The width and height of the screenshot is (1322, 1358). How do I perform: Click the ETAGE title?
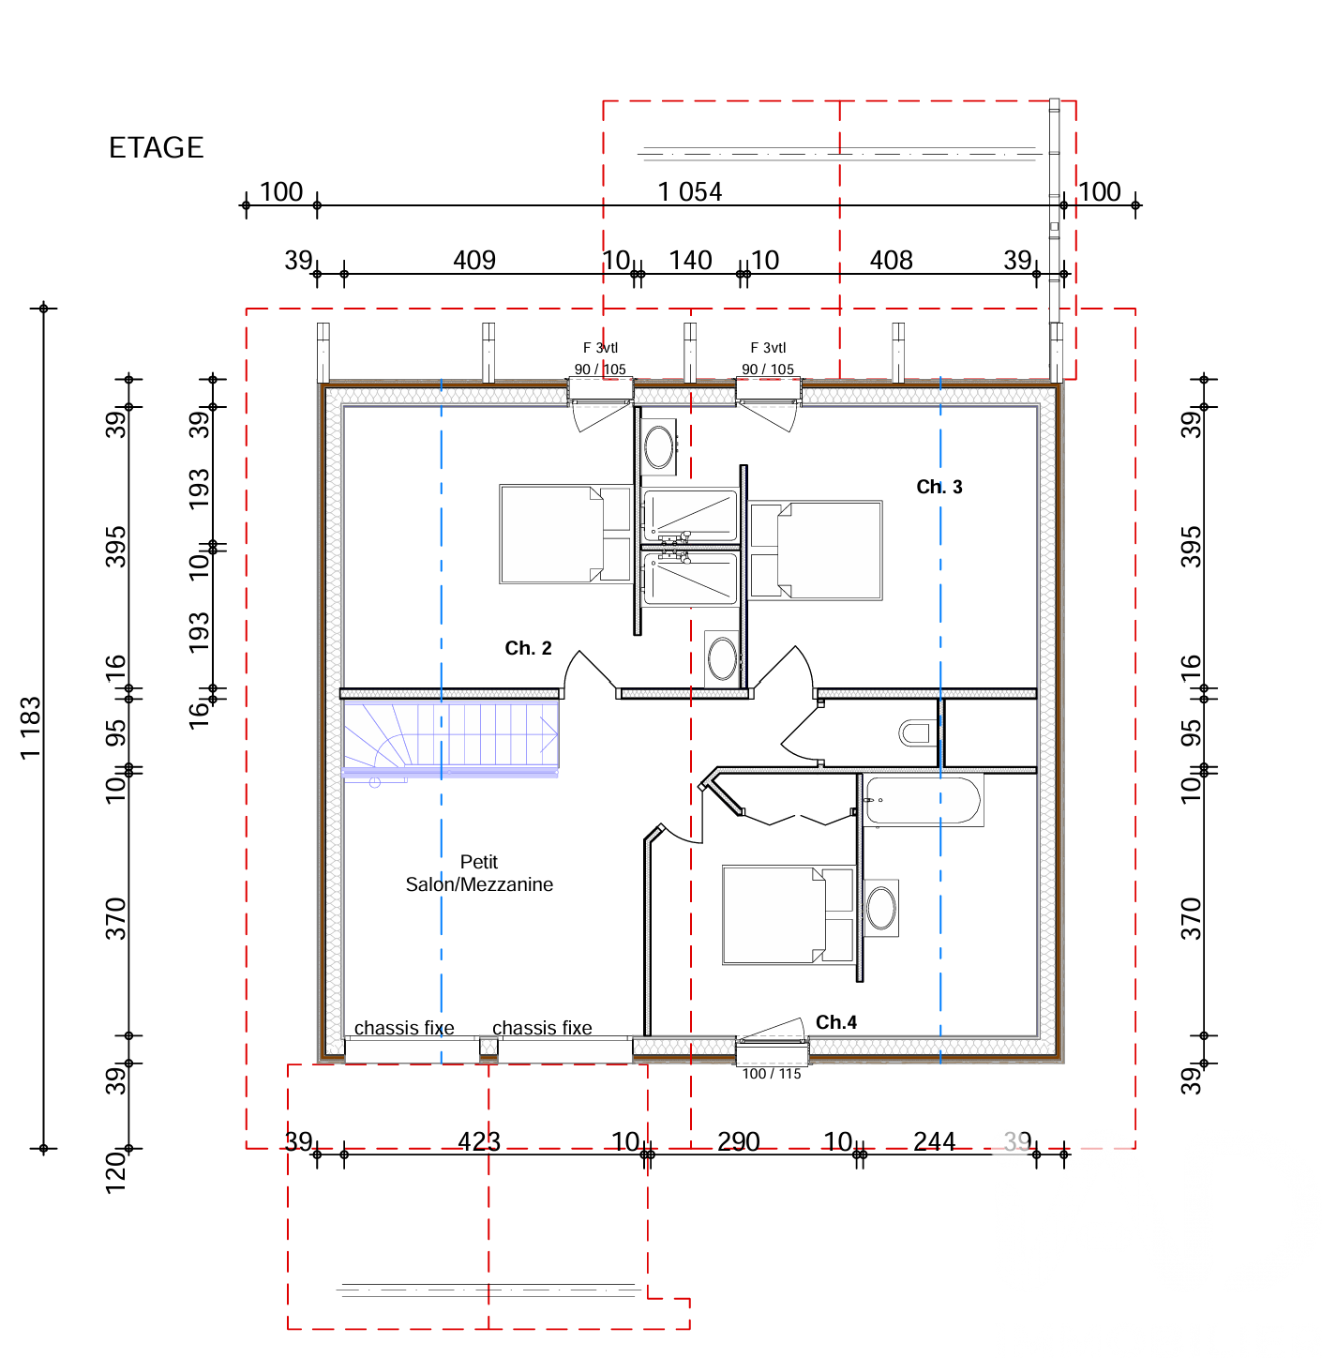coord(156,147)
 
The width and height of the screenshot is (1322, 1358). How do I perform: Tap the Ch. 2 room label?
coord(528,648)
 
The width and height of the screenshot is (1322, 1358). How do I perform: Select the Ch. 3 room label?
coord(939,487)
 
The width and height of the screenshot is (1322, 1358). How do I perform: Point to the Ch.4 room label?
coord(835,1021)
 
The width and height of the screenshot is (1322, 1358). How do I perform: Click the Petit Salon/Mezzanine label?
coord(478,872)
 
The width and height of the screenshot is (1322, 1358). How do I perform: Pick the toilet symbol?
coord(917,732)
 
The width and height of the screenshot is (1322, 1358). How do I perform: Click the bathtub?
coord(923,800)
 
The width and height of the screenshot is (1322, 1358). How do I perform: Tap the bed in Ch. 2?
coord(565,534)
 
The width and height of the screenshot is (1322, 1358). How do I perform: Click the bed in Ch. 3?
coord(815,550)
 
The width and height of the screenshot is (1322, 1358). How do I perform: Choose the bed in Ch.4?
coord(789,915)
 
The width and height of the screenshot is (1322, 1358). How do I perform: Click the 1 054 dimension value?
coord(689,191)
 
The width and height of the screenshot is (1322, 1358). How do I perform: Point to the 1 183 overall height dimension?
coord(31,727)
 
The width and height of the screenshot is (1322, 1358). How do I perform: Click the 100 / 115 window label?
coord(771,1073)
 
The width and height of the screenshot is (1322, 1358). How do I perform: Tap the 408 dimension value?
coord(891,260)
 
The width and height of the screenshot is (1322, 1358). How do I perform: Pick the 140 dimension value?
coord(690,260)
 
